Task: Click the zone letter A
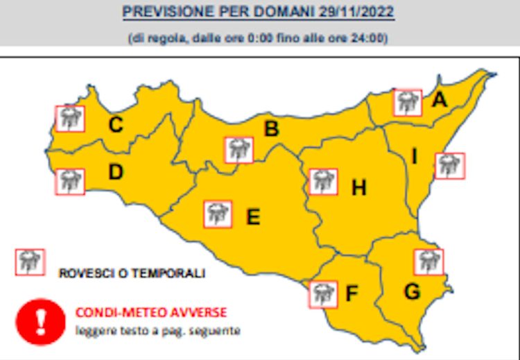tap(439, 101)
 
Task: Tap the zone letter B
tap(272, 129)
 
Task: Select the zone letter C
tap(116, 125)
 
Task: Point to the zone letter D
tap(115, 172)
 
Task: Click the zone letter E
tap(253, 217)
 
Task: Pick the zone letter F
tap(352, 294)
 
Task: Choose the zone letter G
tap(412, 292)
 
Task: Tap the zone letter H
tap(358, 187)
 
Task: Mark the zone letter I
tap(415, 157)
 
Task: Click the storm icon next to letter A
tap(407, 103)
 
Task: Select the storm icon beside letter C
tap(69, 119)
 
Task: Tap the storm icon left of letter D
tap(69, 182)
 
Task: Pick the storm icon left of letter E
tap(218, 214)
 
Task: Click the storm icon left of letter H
tap(323, 182)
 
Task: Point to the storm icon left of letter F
tap(323, 293)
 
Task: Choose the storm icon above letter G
tap(428, 261)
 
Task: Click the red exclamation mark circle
tap(40, 321)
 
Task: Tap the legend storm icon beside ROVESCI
tap(30, 262)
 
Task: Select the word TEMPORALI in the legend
tap(171, 273)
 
